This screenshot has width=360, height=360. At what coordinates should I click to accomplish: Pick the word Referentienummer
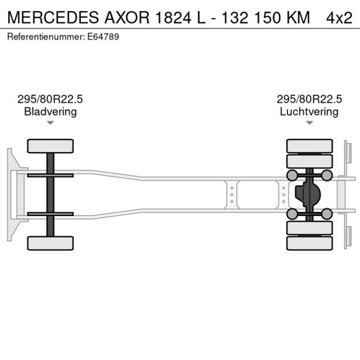pos(46,37)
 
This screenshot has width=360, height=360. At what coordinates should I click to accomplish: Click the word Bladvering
pos(51,111)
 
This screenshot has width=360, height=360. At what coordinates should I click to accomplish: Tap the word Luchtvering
pos(309,111)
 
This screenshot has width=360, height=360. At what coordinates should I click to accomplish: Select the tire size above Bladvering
pos(51,99)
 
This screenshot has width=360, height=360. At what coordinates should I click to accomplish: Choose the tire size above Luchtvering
pos(309,99)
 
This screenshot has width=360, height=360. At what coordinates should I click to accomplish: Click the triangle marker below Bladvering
pos(51,123)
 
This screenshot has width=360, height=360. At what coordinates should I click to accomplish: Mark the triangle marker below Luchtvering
pos(309,123)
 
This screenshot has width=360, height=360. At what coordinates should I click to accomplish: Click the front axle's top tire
pos(51,146)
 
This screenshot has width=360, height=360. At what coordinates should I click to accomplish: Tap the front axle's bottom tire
pos(51,243)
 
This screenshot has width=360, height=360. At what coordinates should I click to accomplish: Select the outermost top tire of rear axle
pos(309,145)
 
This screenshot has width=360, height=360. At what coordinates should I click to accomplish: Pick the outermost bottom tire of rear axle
pos(309,243)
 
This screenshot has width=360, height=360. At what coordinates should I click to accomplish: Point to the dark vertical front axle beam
pos(51,195)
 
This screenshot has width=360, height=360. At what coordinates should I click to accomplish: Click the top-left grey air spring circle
pos(292,175)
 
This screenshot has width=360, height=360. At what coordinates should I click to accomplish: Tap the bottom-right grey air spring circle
pos(327,214)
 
